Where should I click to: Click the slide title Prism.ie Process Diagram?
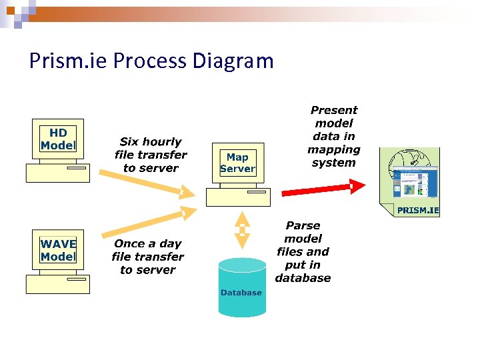pos(151,61)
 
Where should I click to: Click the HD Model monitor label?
pos(58,139)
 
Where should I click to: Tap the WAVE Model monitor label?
pos(58,250)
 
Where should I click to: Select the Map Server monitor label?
pos(237,163)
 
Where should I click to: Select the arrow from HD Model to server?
pos(147,183)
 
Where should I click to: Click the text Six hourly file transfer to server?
pos(151,155)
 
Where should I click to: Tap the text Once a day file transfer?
pos(148,257)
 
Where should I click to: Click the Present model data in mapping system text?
pos(333,136)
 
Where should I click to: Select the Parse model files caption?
pos(303,252)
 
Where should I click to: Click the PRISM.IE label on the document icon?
pos(418,210)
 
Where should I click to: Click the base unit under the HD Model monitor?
pos(57,173)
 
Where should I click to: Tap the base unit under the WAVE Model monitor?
pos(57,284)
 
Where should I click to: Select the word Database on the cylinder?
pos(241,293)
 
